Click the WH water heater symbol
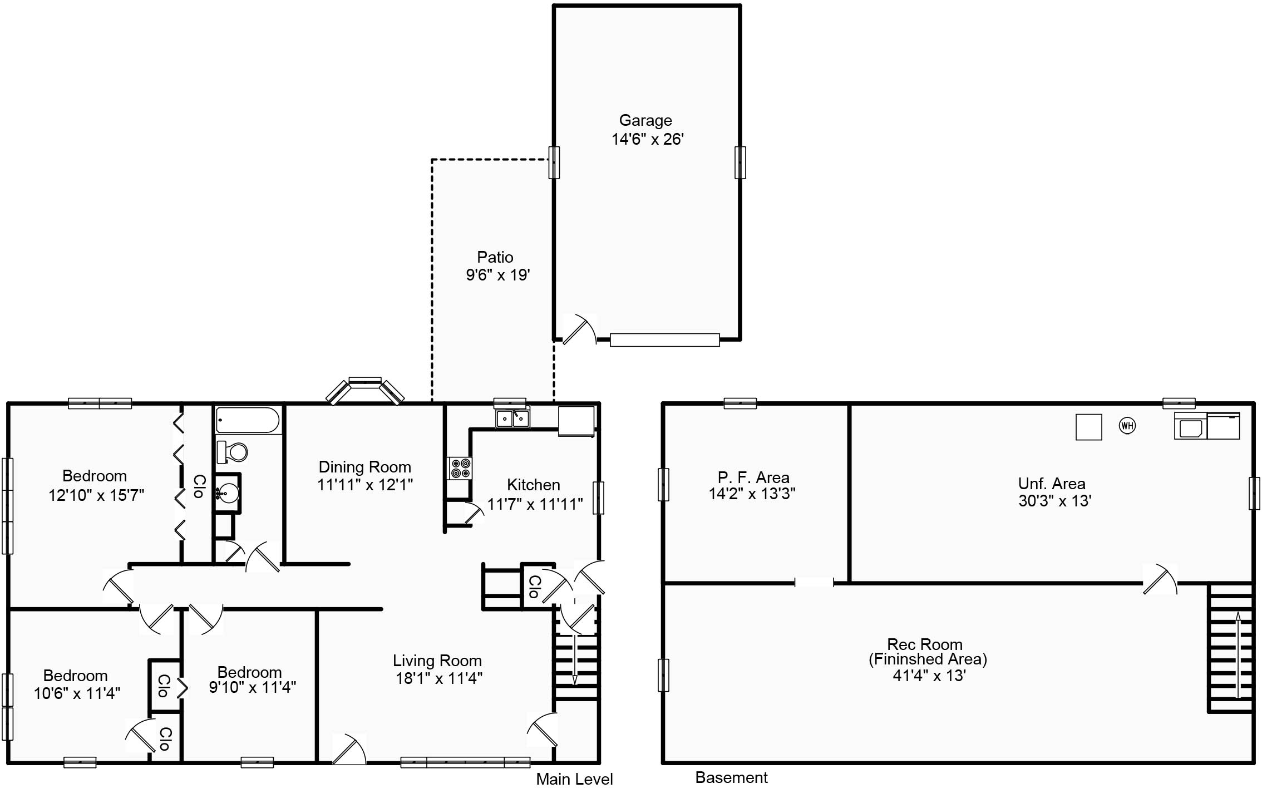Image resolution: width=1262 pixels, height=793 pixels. pos(1127,426)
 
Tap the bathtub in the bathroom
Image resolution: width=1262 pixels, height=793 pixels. pos(248,420)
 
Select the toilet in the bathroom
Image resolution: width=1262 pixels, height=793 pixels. pos(233,452)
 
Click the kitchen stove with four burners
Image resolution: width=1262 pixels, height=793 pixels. pos(460,468)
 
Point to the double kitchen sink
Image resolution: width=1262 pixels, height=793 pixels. pos(512,418)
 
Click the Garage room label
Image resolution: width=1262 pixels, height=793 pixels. pos(645,120)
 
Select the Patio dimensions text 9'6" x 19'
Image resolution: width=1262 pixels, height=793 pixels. pos(497,275)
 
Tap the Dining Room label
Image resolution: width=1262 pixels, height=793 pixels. pos(364,467)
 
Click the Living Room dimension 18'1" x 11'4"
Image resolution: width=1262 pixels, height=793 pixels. pos(438,678)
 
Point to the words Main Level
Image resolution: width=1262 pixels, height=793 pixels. pos(574,779)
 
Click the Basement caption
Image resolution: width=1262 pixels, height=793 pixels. pos(731,777)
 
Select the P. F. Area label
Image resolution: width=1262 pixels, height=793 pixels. pos(753,477)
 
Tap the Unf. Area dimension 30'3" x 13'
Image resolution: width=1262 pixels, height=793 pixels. pos(1054,501)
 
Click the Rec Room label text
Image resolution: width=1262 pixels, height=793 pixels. pos(924,644)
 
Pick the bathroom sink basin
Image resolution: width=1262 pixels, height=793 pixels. pos(228,492)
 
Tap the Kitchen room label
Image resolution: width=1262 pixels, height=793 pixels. pos(533,485)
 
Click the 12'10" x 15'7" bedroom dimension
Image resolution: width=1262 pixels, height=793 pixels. pos(96,495)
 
